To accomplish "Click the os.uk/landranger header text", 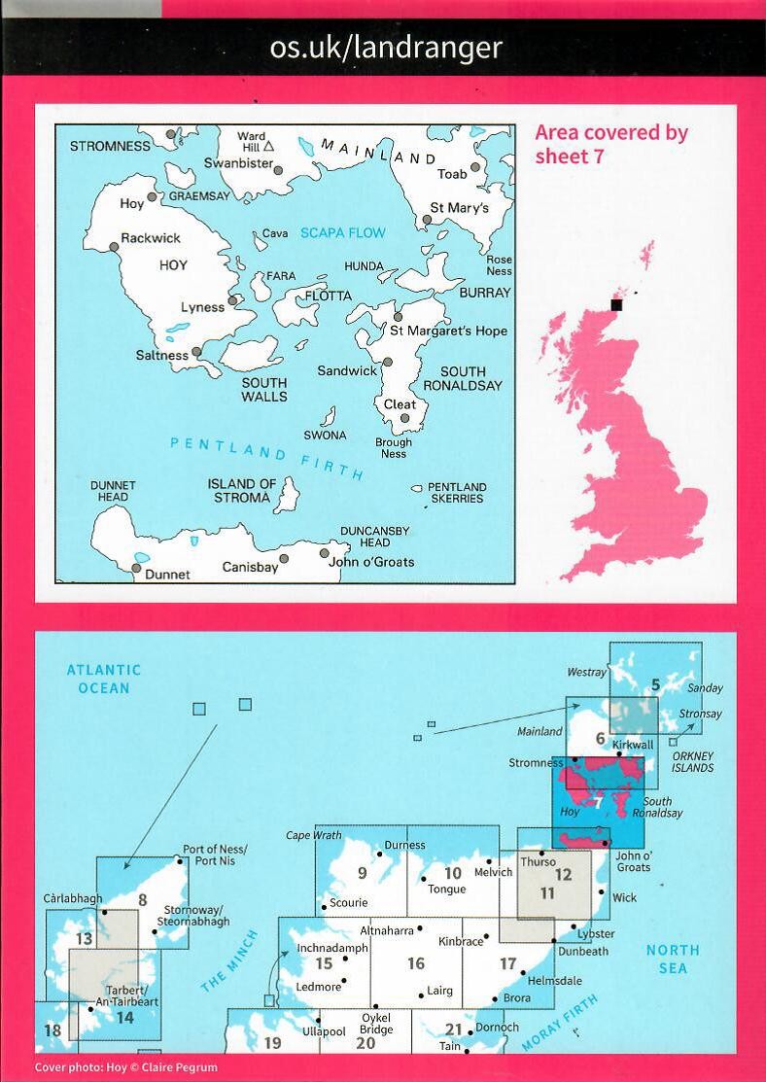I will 386,47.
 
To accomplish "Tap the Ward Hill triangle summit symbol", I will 269,147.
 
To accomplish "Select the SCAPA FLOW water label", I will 342,233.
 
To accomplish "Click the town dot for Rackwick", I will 114,247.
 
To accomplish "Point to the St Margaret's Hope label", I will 448,331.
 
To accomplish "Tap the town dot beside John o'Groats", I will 324,553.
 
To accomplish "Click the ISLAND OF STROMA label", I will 242,491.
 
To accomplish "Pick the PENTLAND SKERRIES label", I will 457,493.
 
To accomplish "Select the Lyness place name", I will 202,307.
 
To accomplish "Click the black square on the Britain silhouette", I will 615,304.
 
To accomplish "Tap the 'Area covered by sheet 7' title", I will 611,144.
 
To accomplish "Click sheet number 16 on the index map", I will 416,963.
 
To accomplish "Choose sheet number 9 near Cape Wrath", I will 362,873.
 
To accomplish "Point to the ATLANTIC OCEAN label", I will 104,679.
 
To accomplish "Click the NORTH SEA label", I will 672,959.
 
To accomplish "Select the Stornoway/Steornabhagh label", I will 198,915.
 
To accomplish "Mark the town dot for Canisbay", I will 284,558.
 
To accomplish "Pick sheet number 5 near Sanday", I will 655,684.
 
